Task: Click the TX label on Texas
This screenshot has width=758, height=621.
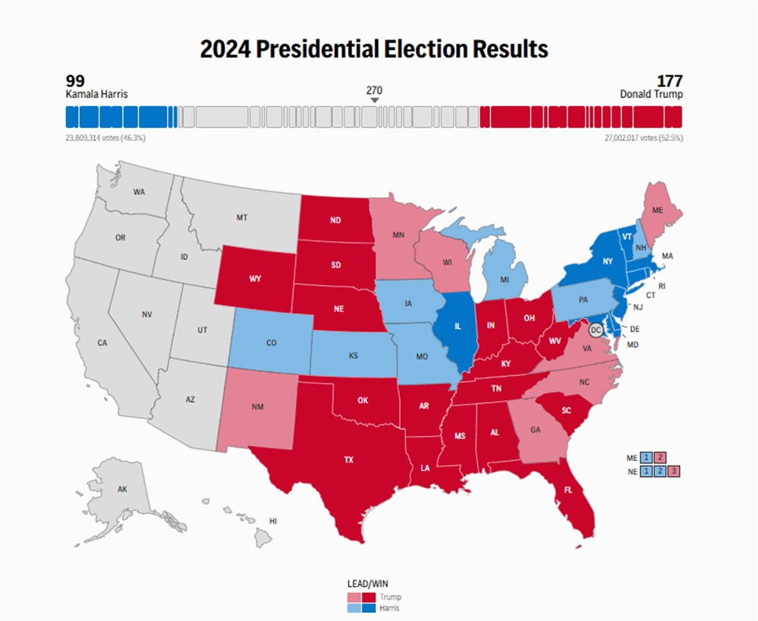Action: pyautogui.click(x=348, y=459)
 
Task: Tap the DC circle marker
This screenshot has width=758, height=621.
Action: pyautogui.click(x=596, y=330)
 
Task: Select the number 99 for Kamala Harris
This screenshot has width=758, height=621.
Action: pyautogui.click(x=75, y=81)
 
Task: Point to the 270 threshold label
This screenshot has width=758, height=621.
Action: pyautogui.click(x=374, y=89)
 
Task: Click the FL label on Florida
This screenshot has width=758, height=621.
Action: pyautogui.click(x=568, y=490)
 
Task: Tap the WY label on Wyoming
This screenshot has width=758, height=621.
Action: pyautogui.click(x=256, y=278)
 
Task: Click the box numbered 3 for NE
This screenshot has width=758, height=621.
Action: pyautogui.click(x=674, y=471)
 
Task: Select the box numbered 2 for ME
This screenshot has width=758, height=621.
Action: pyautogui.click(x=660, y=457)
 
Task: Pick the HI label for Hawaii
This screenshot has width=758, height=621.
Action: pyautogui.click(x=273, y=521)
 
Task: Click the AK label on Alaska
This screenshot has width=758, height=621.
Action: pyautogui.click(x=122, y=489)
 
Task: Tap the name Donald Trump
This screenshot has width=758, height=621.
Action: pyautogui.click(x=651, y=95)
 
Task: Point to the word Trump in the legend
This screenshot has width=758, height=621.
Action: pyautogui.click(x=390, y=597)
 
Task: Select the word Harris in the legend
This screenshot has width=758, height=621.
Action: pyautogui.click(x=391, y=608)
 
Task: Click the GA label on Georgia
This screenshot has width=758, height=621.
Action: pyautogui.click(x=536, y=430)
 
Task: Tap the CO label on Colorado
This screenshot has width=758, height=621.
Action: pyautogui.click(x=271, y=342)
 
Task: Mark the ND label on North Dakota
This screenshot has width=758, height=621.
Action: pyautogui.click(x=335, y=221)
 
